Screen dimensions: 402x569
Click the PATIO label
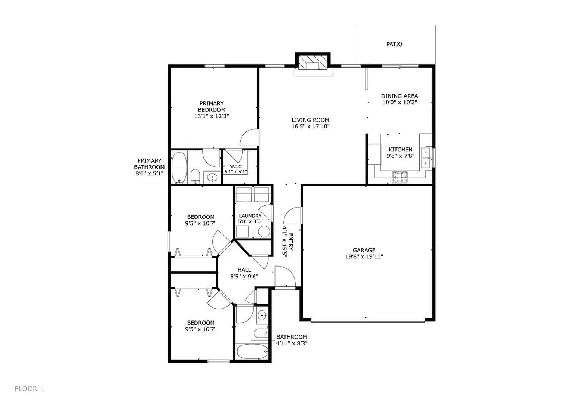tap(394, 44)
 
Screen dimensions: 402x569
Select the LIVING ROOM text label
tap(310, 120)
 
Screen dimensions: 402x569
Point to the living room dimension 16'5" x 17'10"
tap(310, 127)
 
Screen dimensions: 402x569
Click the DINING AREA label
tap(399, 96)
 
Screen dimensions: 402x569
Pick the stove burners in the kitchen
tap(400, 177)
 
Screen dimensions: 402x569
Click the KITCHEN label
tap(400, 150)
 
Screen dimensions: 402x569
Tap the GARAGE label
tap(364, 250)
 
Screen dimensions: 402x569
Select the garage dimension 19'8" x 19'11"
tap(364, 256)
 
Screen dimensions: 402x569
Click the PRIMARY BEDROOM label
tap(211, 106)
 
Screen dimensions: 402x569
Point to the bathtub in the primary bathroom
tap(179, 168)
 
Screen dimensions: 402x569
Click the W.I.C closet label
tap(235, 166)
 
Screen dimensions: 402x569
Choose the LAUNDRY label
tap(250, 216)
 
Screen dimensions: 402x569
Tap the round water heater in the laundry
tap(264, 232)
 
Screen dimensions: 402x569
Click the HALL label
tap(244, 270)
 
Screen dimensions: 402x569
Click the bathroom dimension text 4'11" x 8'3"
tap(292, 344)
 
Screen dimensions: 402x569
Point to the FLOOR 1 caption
tap(29, 389)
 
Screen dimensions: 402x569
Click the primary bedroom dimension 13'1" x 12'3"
tap(211, 116)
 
